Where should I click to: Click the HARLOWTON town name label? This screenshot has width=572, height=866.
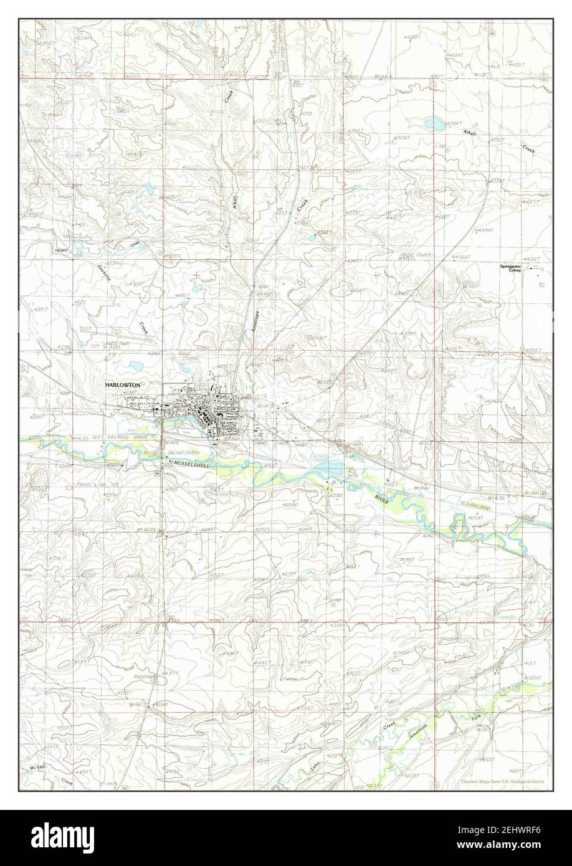(x=123, y=386)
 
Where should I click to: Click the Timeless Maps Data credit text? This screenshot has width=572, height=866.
(x=505, y=781)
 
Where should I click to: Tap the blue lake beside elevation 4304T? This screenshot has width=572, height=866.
(x=436, y=123)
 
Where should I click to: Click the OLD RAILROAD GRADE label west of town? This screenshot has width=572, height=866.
(x=118, y=439)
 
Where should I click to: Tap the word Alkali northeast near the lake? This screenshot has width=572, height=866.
(x=471, y=133)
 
